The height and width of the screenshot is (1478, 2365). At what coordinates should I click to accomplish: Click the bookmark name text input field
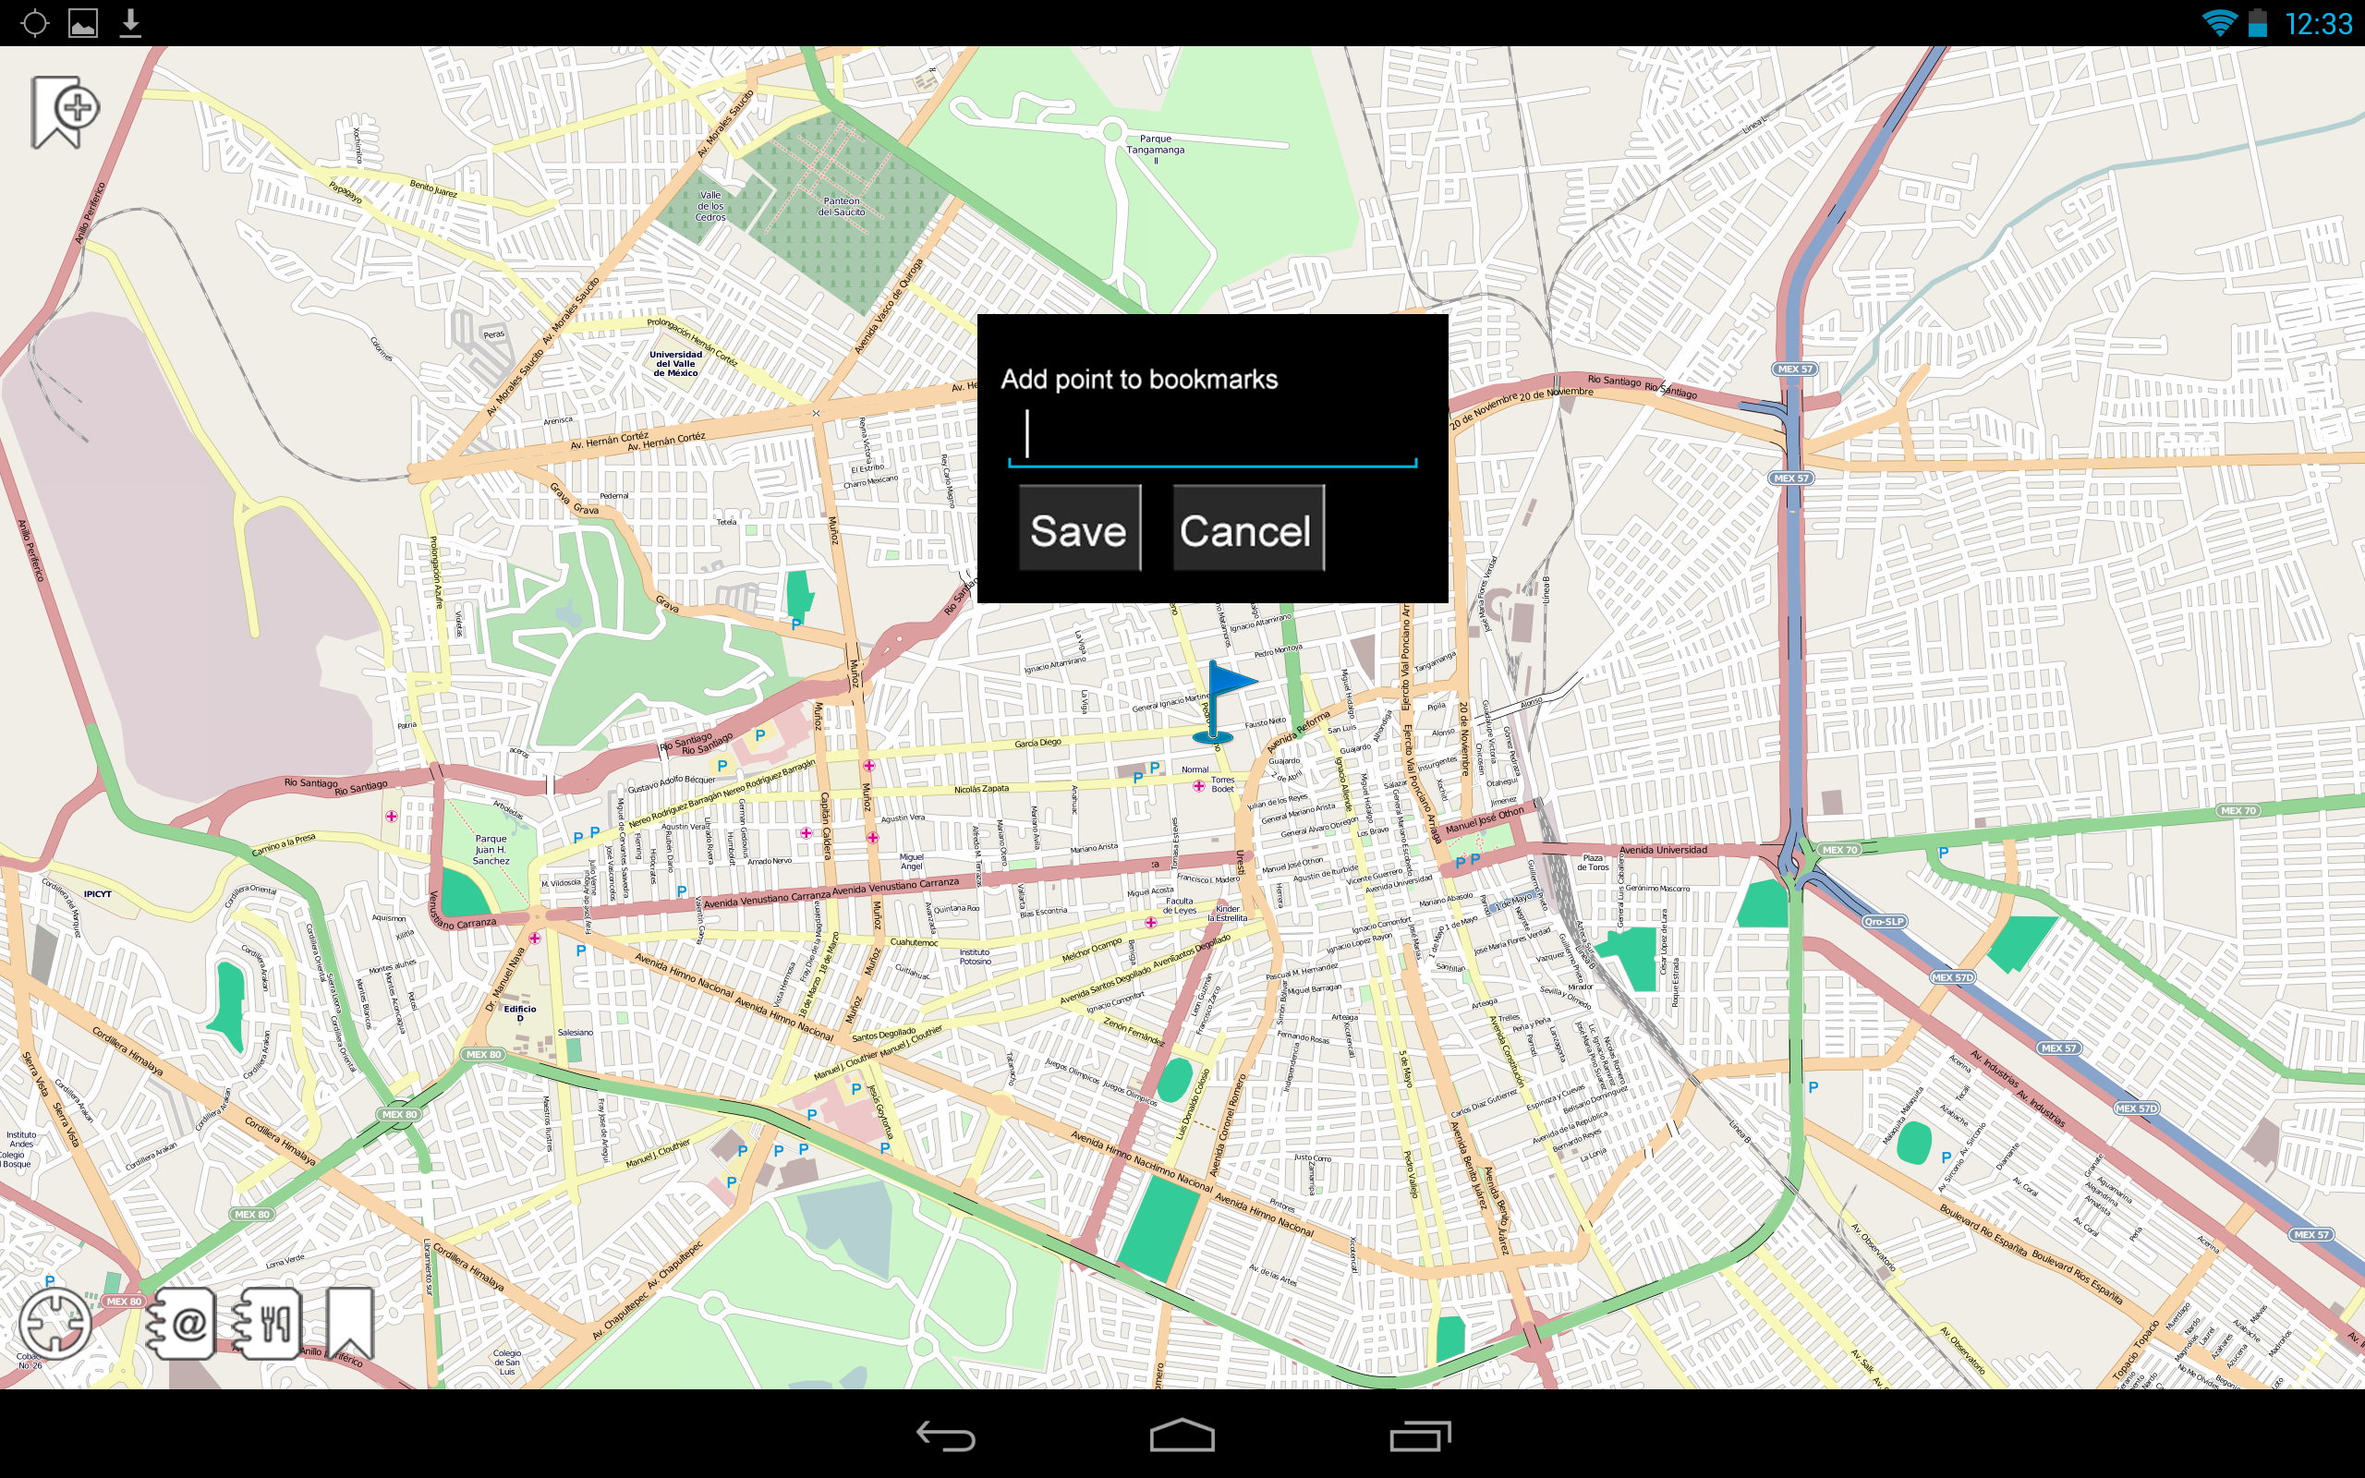(x=1212, y=436)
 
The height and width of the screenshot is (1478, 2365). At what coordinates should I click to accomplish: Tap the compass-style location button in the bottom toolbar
(x=55, y=1324)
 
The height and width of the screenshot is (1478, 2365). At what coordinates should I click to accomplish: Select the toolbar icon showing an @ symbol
(x=182, y=1324)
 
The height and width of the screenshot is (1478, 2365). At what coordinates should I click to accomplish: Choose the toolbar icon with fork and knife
(x=267, y=1324)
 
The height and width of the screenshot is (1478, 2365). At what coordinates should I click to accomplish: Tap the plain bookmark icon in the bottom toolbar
(x=350, y=1324)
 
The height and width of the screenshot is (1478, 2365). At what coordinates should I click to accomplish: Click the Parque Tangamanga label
(x=1155, y=145)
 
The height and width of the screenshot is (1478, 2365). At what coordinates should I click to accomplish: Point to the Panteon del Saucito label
(x=842, y=206)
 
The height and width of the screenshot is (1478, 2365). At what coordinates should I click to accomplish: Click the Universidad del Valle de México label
(x=675, y=364)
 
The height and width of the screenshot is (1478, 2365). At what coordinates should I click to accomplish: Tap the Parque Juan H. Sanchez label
(x=491, y=850)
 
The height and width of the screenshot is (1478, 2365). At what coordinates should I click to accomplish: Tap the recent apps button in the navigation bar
(x=1420, y=1435)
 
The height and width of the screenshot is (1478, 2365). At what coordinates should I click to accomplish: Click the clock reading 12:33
(x=2318, y=23)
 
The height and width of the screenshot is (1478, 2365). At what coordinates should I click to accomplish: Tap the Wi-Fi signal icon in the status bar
(x=2218, y=23)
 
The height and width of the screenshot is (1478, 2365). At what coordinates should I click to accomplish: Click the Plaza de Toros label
(x=1592, y=862)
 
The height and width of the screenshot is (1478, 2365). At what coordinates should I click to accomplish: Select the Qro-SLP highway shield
(x=1883, y=921)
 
